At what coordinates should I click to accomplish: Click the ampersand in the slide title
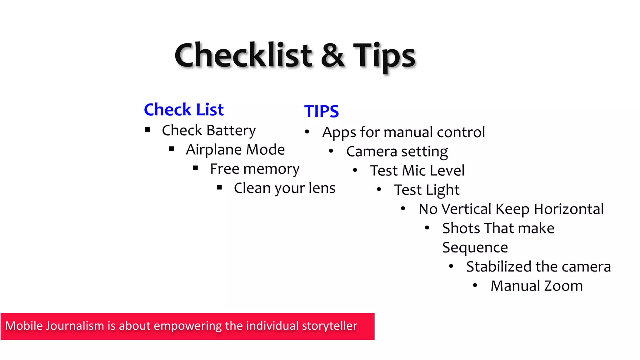332,56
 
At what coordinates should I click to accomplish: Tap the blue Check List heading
184,110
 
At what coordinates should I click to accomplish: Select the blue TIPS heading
322,112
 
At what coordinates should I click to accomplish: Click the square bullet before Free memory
196,168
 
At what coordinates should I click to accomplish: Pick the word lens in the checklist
322,188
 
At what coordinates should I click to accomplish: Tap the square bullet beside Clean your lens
219,187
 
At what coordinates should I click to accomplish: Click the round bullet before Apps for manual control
307,132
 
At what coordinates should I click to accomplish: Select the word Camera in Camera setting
372,152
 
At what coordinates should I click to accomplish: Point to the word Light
443,190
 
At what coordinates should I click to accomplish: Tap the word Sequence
475,248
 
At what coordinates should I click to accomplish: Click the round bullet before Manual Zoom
475,285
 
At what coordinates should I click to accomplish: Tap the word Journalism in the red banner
75,326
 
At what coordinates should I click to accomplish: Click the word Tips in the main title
384,56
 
